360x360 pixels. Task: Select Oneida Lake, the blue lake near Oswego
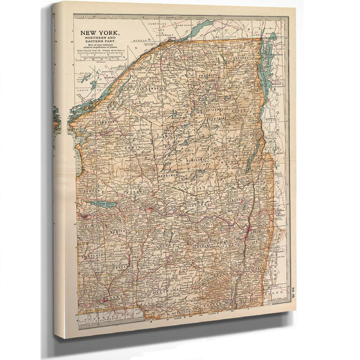point(106,205)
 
